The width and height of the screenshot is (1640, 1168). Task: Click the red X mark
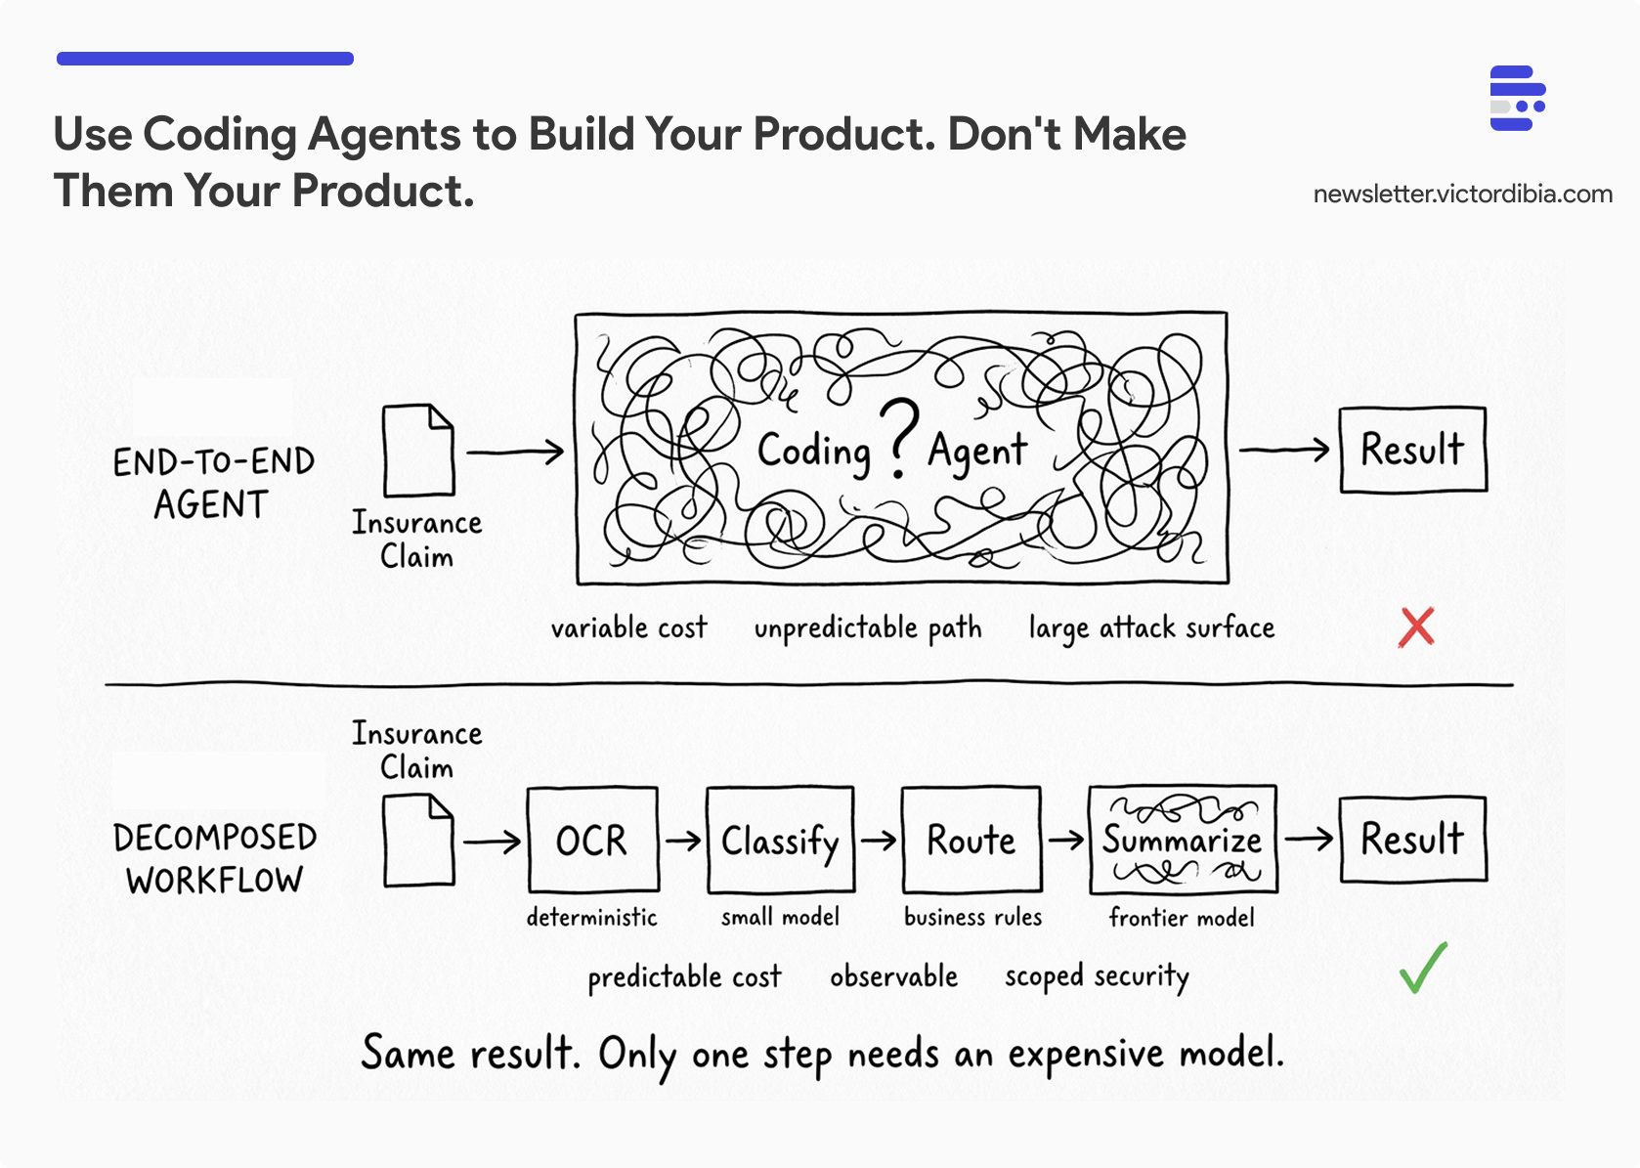click(1416, 627)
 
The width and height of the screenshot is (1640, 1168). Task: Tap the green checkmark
click(1423, 968)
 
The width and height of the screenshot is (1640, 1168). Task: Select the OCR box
click(592, 840)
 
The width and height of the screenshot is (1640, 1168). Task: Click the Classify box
click(780, 840)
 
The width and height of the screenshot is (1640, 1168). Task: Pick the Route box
click(971, 840)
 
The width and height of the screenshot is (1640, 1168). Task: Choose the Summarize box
click(1183, 840)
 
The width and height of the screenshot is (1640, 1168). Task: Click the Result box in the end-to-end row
click(1412, 450)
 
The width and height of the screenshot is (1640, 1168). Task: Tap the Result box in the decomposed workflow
click(1412, 839)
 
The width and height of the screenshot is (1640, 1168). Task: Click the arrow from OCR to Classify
click(683, 840)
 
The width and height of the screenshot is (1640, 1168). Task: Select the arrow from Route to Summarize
click(1065, 840)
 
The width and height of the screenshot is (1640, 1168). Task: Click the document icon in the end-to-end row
click(418, 451)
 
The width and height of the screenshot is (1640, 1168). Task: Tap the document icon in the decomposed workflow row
click(418, 840)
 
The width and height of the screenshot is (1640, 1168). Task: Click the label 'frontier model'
click(1182, 918)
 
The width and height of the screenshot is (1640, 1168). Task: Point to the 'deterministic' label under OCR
click(591, 917)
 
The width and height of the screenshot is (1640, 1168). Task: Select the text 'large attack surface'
click(1151, 627)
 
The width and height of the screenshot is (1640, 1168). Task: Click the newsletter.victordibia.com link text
click(1462, 194)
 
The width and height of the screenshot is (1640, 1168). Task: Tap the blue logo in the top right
click(1517, 98)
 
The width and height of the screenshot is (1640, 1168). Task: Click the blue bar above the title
click(205, 59)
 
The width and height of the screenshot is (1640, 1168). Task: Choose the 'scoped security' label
click(1097, 976)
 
